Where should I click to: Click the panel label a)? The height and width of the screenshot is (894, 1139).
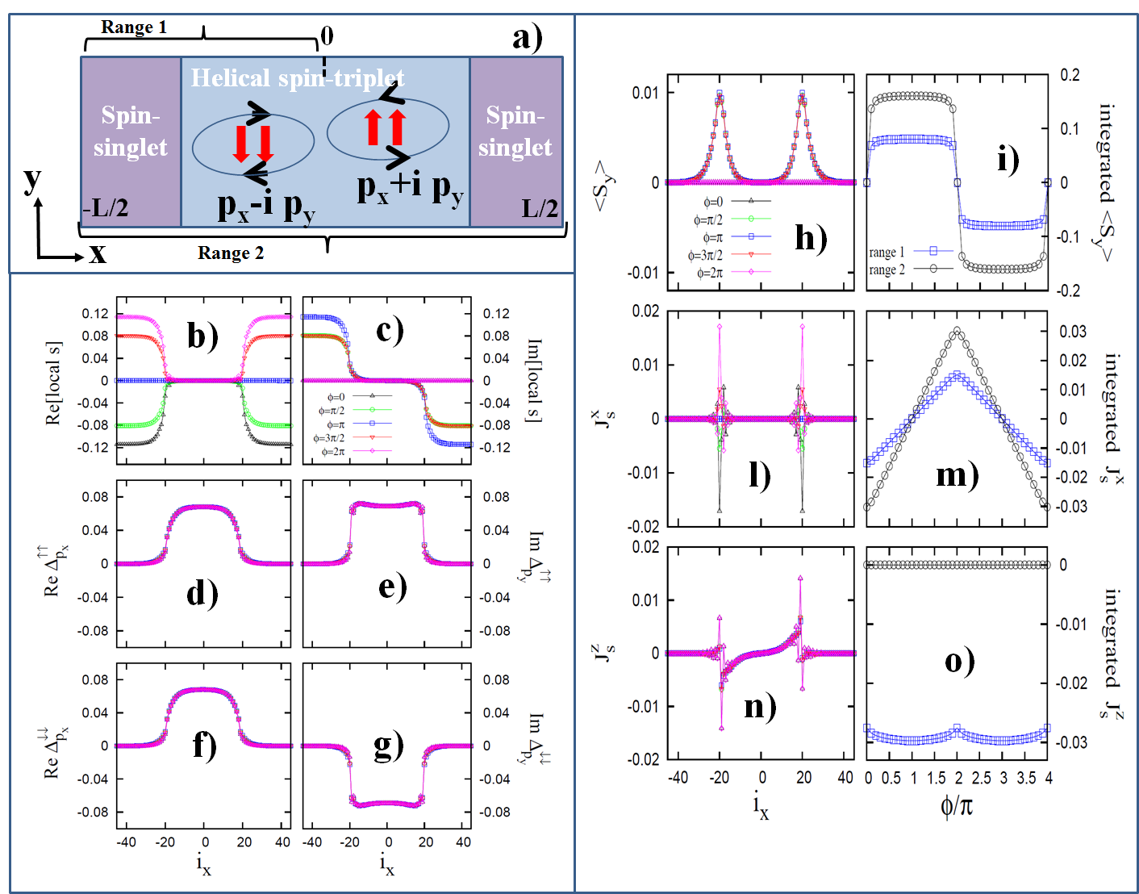click(x=528, y=37)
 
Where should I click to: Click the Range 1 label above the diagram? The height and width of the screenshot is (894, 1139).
click(x=134, y=27)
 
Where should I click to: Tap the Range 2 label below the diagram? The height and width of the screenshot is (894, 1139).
click(x=231, y=253)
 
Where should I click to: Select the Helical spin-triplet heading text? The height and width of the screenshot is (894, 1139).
click(x=297, y=78)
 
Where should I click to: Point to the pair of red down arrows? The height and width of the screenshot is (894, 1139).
click(x=253, y=143)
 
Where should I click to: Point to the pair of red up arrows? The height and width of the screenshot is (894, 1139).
click(x=385, y=127)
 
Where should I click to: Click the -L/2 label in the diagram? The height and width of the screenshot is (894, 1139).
click(x=106, y=208)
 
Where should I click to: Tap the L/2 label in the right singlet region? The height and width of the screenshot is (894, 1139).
click(x=540, y=209)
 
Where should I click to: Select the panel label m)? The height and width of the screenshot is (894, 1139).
click(x=957, y=474)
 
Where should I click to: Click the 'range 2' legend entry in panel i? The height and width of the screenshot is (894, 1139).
click(x=887, y=269)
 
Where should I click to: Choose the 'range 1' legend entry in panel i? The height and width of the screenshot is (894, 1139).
click(x=887, y=252)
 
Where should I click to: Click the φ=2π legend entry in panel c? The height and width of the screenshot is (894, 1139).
click(x=333, y=452)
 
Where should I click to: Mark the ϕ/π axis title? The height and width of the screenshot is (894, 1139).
click(x=957, y=805)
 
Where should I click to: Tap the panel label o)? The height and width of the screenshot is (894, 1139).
click(x=960, y=661)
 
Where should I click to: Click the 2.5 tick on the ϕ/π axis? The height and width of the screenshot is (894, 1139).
click(x=981, y=778)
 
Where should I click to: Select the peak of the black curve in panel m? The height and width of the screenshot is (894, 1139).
click(x=958, y=331)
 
